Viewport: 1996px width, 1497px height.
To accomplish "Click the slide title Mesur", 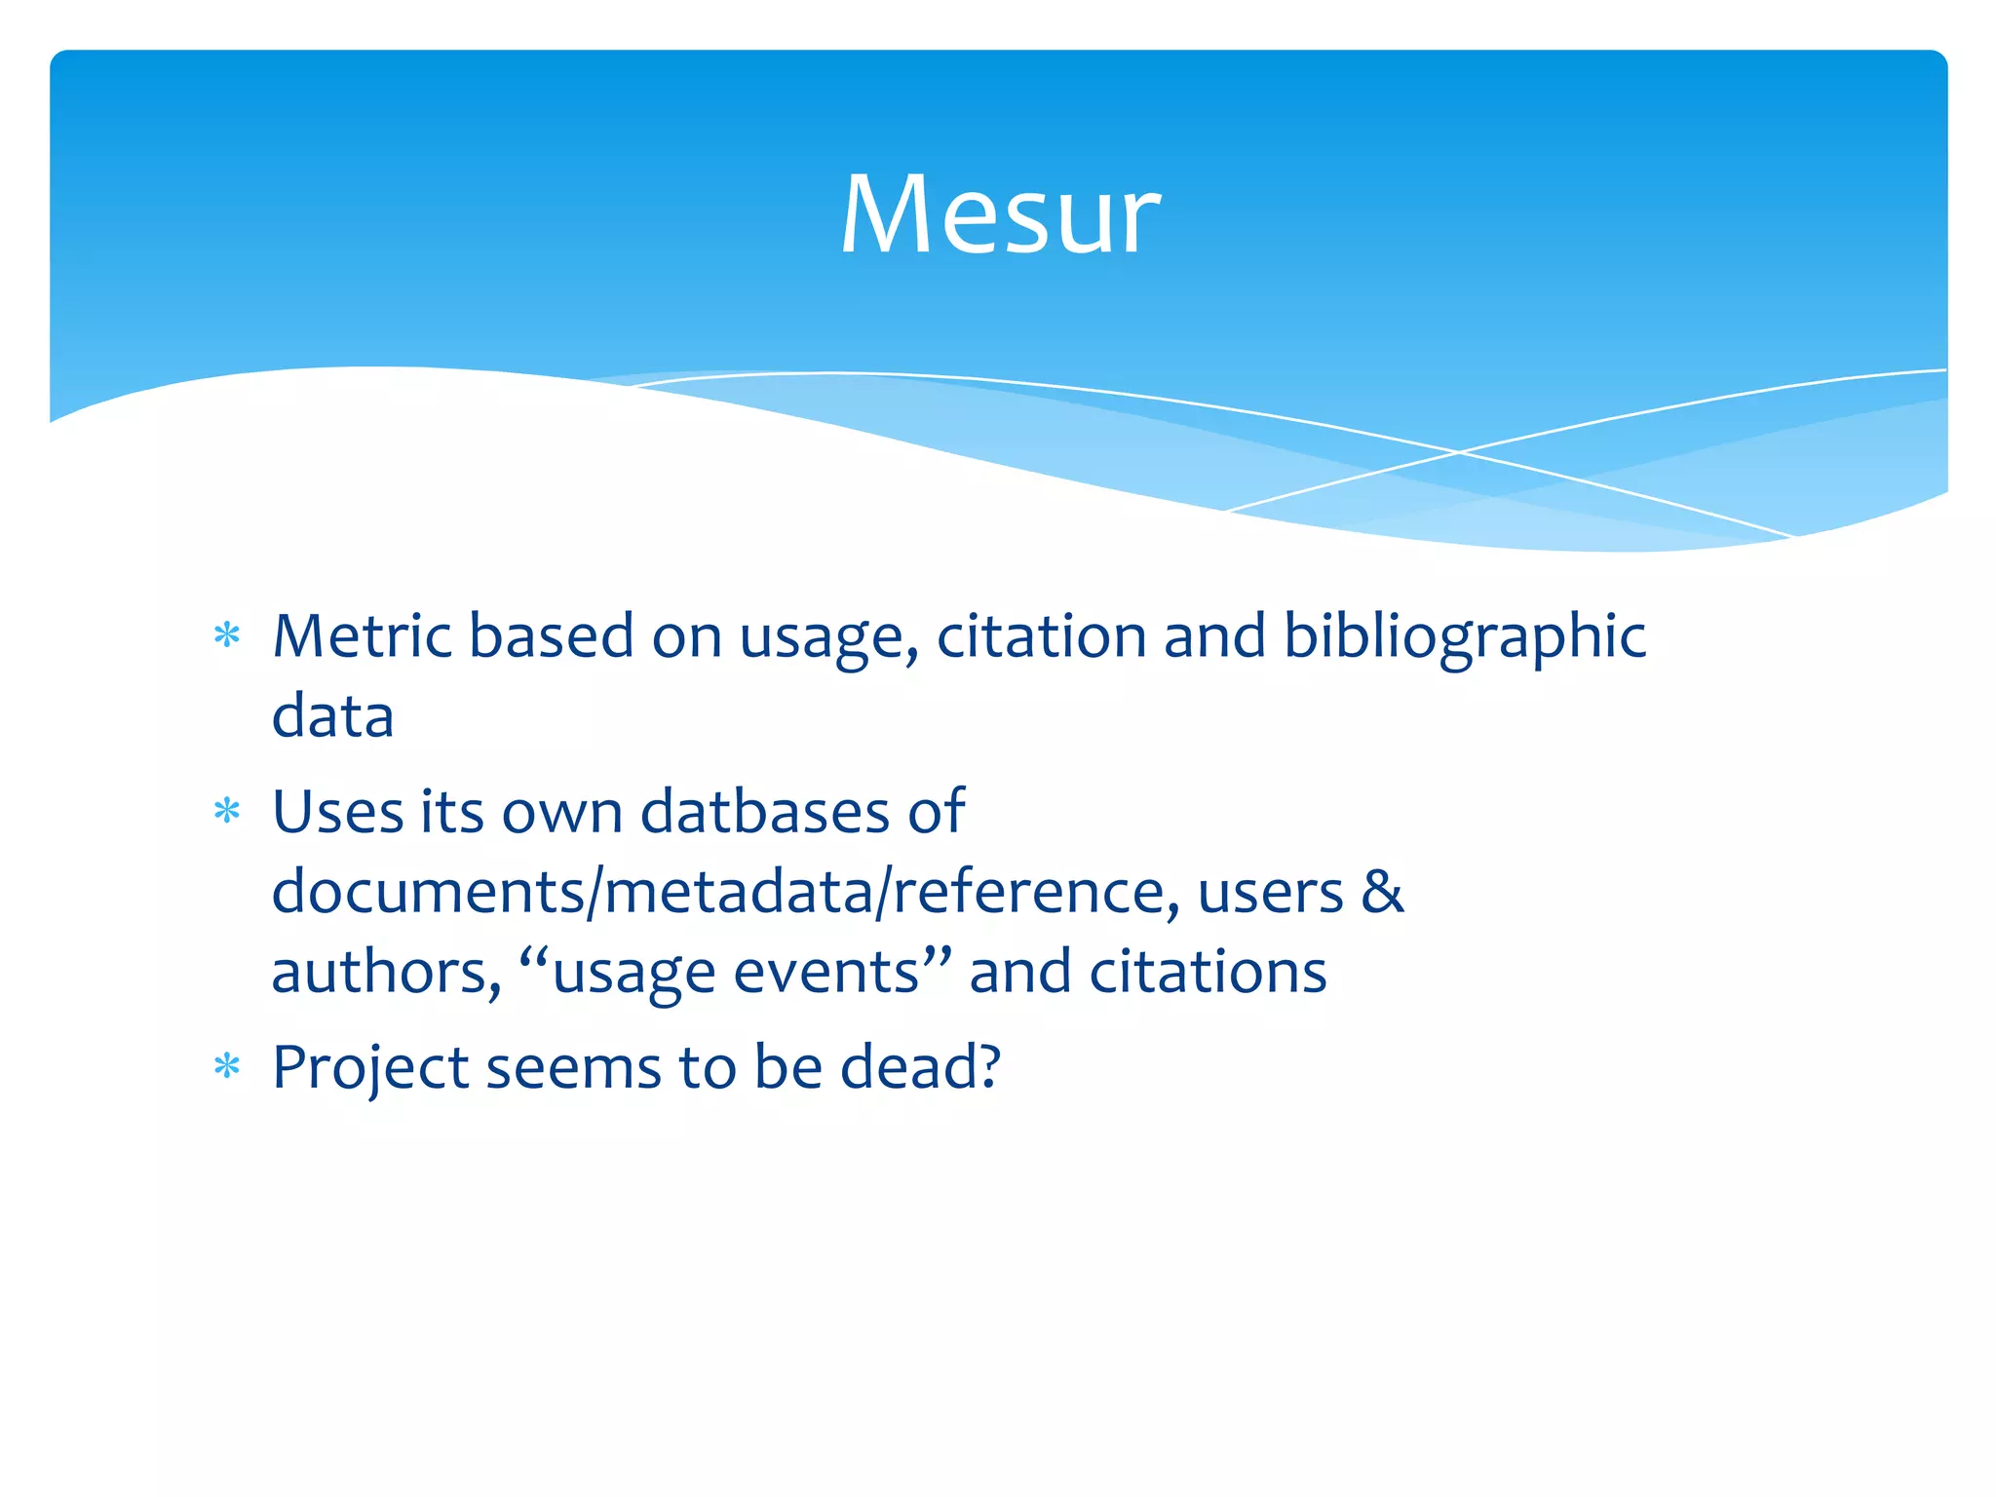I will click(x=1000, y=214).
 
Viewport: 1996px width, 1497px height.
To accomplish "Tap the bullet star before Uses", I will click(x=227, y=812).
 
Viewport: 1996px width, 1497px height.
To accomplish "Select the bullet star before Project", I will click(x=227, y=1067).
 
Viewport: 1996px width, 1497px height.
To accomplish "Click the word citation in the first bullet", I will click(x=1040, y=636).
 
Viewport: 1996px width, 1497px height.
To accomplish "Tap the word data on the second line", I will click(x=332, y=716).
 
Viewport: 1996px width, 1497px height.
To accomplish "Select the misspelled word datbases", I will click(x=765, y=811).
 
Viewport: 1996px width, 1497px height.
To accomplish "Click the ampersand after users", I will click(x=1382, y=891).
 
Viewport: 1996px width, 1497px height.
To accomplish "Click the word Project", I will click(x=370, y=1068).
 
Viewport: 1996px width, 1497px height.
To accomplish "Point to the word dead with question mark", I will click(x=919, y=1066).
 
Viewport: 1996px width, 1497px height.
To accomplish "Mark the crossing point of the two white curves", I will click(x=1459, y=452).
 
